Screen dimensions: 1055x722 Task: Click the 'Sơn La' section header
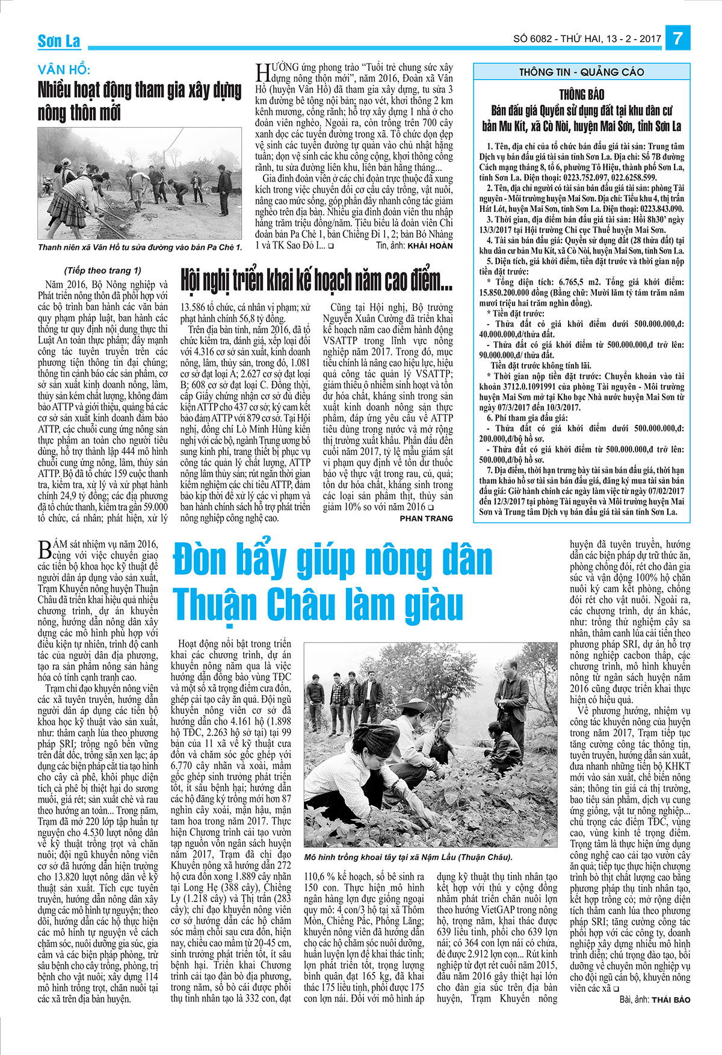coord(58,41)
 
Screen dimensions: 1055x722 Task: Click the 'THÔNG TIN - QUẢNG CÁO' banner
coord(581,72)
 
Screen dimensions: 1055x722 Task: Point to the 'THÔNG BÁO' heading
coord(581,94)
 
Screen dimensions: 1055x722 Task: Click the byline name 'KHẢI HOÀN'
coord(431,246)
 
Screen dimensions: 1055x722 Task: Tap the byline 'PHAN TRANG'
coord(426,518)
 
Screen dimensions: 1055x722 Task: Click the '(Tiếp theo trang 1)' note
coord(102,270)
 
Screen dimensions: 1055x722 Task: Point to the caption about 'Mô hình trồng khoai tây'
coord(409,857)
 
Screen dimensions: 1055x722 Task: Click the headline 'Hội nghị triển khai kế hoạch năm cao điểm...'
coord(316,280)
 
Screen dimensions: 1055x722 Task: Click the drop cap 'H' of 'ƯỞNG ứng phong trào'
coord(262,72)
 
